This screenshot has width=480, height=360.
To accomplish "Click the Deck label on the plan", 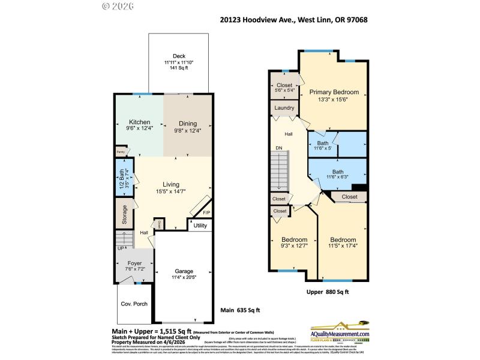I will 179,56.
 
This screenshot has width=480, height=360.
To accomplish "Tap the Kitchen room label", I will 139,122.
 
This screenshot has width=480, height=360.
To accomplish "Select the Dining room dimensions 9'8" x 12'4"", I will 187,130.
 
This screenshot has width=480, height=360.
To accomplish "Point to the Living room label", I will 170,184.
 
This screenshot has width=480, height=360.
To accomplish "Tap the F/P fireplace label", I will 206,213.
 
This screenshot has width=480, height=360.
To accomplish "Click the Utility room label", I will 200,226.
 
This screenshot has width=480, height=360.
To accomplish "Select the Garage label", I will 184,271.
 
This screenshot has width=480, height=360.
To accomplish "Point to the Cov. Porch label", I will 134,304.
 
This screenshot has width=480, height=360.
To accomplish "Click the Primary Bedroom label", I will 334,92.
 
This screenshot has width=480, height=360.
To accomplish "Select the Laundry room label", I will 284,108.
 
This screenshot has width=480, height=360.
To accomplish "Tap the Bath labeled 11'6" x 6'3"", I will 330,174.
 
